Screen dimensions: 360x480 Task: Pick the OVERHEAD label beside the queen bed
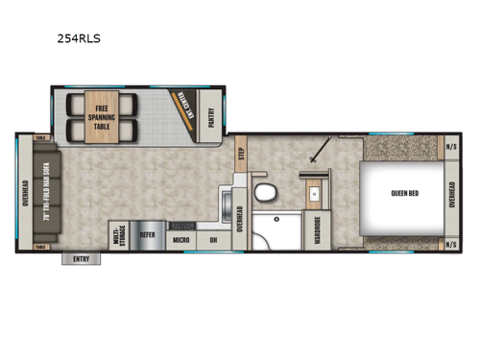[452, 192]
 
